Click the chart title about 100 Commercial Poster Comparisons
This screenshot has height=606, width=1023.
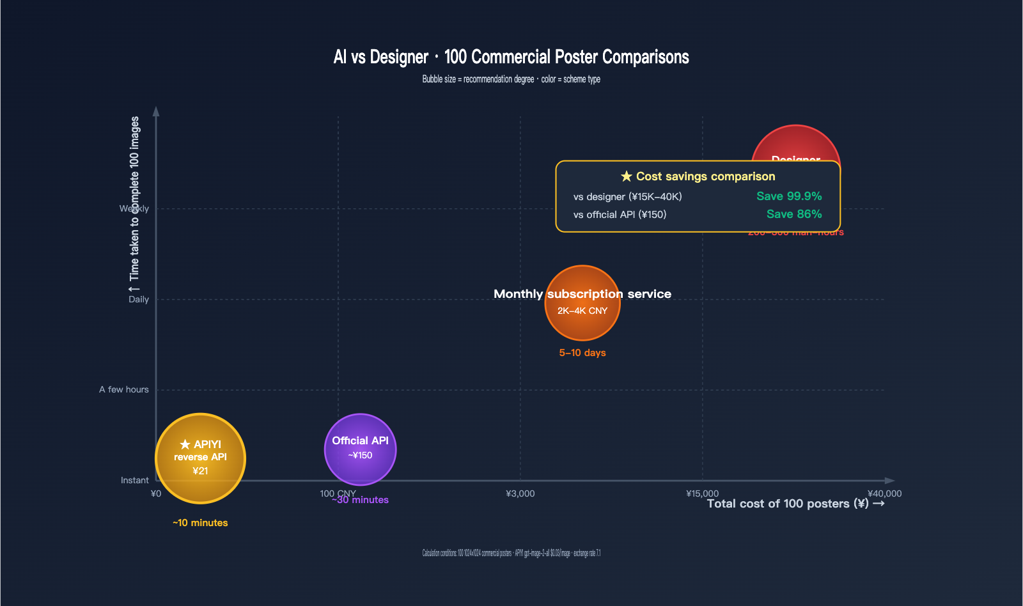point(511,57)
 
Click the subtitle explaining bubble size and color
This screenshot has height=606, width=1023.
point(511,79)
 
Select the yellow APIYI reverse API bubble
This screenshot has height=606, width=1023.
point(200,458)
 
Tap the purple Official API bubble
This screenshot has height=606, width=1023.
point(360,449)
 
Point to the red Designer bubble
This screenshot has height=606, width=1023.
point(795,144)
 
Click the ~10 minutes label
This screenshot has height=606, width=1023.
point(200,523)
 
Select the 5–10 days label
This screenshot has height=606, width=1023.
point(582,353)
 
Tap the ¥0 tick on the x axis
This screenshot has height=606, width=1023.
point(156,493)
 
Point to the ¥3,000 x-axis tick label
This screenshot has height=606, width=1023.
point(520,493)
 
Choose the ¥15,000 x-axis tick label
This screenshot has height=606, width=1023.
point(702,493)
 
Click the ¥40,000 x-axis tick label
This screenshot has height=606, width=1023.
point(884,493)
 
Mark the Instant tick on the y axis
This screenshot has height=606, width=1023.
point(134,480)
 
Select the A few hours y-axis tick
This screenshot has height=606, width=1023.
point(123,389)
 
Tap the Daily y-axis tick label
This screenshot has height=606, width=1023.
point(138,299)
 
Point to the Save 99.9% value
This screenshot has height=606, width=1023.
point(789,196)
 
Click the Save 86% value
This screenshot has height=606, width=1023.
point(794,214)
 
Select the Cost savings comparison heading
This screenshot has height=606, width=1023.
point(698,176)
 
